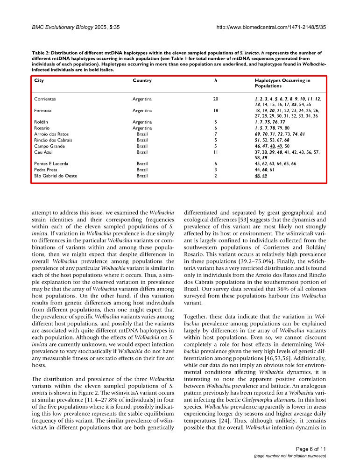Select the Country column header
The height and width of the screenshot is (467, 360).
coord(142,80)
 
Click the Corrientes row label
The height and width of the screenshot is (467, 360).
coord(45,99)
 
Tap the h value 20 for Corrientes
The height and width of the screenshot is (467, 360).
coord(215,99)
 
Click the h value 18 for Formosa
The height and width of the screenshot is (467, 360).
coord(215,110)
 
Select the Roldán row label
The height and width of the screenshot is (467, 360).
coord(42,122)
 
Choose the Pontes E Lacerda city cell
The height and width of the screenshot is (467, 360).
coord(51,164)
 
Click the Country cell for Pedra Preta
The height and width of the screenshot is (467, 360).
coord(142,170)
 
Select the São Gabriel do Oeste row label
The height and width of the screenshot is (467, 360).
coord(56,176)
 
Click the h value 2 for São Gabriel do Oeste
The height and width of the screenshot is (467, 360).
coord(215,176)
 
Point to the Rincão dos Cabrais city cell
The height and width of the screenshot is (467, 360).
coord(54,140)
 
